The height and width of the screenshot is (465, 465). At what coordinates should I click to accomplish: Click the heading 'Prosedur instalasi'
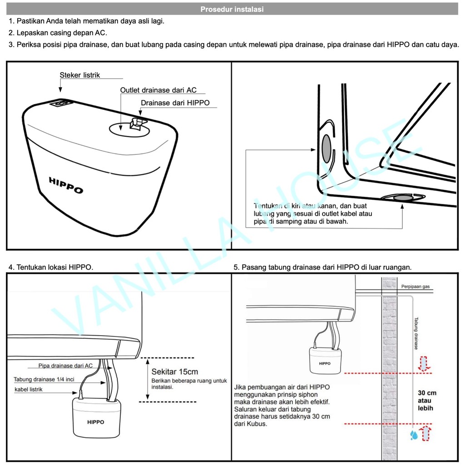click(x=232, y=9)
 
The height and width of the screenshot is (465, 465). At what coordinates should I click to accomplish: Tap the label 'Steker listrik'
click(x=80, y=75)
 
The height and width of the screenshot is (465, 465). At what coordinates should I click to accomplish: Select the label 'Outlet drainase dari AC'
click(x=158, y=90)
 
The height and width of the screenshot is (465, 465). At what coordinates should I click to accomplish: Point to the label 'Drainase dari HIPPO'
click(x=175, y=103)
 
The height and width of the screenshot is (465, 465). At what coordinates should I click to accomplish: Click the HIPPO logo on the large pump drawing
click(x=66, y=185)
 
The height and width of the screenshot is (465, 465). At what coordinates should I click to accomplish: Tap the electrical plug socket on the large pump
click(x=60, y=104)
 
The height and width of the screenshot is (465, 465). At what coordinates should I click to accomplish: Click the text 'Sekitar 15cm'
click(x=175, y=371)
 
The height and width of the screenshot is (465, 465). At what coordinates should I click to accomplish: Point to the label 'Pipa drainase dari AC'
click(x=66, y=366)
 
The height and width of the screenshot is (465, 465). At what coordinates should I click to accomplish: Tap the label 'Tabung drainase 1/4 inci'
click(x=44, y=380)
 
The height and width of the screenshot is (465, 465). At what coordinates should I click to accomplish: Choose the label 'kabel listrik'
click(x=29, y=390)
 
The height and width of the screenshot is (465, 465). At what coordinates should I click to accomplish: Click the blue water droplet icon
click(x=414, y=435)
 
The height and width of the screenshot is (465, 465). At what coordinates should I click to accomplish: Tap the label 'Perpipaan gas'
click(x=415, y=287)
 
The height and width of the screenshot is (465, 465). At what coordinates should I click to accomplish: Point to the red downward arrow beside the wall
click(x=423, y=364)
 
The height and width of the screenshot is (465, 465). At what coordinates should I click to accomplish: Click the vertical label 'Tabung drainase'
click(x=416, y=333)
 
